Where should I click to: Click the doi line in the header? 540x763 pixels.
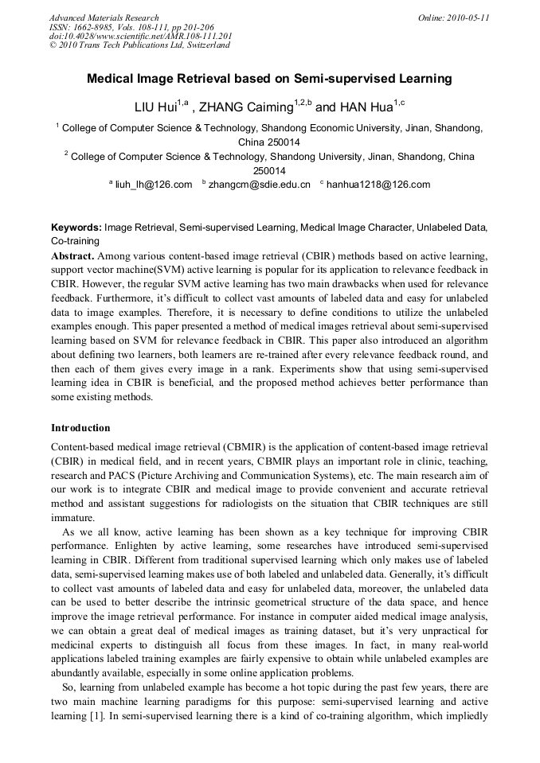pyautogui.click(x=140, y=36)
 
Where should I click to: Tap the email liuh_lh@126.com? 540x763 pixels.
pyautogui.click(x=154, y=185)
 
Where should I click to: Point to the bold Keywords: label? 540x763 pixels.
pyautogui.click(x=76, y=228)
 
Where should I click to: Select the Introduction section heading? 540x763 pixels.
pyautogui.click(x=80, y=427)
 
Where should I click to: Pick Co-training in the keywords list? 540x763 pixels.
pyautogui.click(x=76, y=240)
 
